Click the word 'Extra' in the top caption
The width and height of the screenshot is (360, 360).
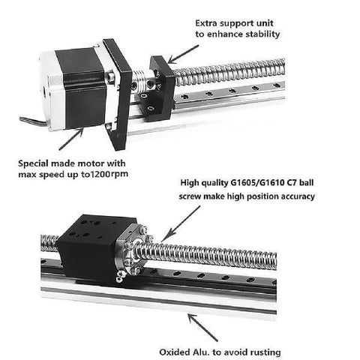click(206, 23)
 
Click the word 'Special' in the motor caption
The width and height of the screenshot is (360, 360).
click(33, 164)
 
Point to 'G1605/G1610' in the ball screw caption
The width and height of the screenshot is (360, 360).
click(257, 183)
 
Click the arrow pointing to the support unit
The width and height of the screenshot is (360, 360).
click(183, 54)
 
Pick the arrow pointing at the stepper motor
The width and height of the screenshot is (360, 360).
click(71, 139)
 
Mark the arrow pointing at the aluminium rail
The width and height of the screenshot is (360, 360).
click(202, 328)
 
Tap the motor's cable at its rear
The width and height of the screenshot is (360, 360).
click(33, 121)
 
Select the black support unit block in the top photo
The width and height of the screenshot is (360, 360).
click(157, 88)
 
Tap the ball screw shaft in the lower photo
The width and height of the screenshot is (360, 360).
click(205, 256)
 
